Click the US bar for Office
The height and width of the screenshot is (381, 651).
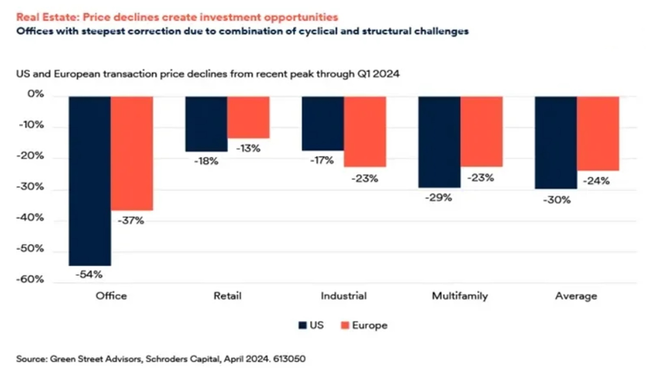coord(90,181)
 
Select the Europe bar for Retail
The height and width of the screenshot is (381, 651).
coord(249,117)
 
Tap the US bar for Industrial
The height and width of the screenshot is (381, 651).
coord(323,124)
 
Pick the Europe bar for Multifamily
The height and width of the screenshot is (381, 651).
coord(482,132)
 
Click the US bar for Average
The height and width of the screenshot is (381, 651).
coord(556,143)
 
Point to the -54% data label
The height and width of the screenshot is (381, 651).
coord(89,274)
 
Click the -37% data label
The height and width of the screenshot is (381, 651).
coord(131,221)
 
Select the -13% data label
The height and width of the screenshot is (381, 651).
coord(248,148)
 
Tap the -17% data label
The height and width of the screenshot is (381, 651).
coord(322,160)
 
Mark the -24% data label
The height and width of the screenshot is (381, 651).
coord(596,181)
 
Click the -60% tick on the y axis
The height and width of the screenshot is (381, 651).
coord(30,280)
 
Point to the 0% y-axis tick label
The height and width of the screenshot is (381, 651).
coord(35,94)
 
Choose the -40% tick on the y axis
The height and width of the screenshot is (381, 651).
coord(30,218)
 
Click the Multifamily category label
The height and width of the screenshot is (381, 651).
coord(460,296)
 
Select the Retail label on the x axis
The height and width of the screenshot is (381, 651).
coord(227,296)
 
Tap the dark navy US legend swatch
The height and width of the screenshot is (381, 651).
coord(303,325)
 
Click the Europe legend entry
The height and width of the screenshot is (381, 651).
coord(364,325)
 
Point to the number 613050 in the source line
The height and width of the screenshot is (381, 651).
coord(290,359)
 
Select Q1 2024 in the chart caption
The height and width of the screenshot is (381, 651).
coord(378,74)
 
